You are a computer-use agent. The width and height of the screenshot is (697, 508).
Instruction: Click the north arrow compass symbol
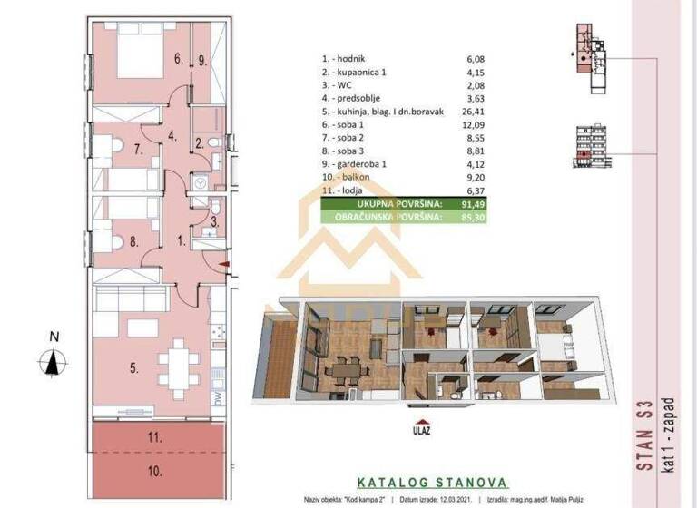coord(54,357)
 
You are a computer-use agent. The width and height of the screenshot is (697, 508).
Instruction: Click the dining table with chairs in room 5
coord(178,362)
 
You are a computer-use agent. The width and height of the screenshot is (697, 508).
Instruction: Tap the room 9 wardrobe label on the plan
coord(202,62)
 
